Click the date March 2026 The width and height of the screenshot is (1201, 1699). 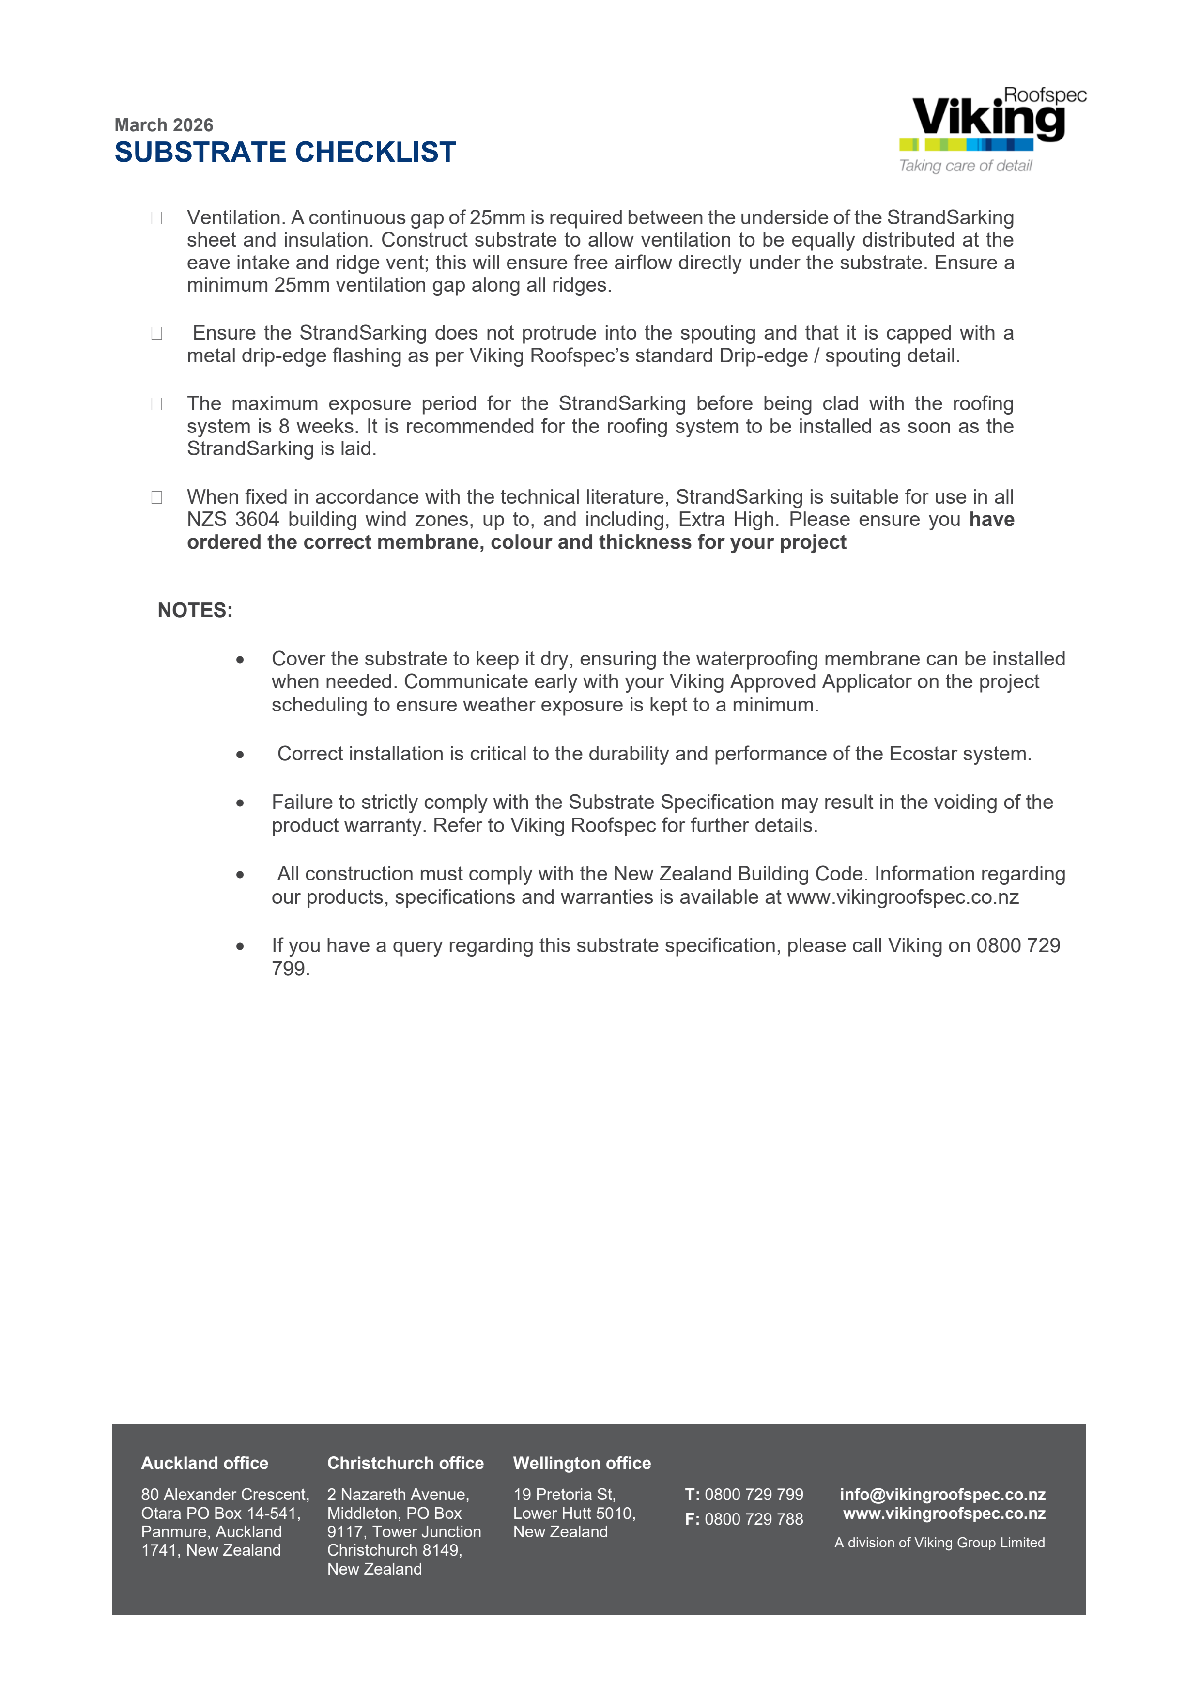pyautogui.click(x=164, y=125)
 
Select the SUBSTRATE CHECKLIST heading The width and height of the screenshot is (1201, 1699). pyautogui.click(x=285, y=153)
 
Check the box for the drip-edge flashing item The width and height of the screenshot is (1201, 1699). pyautogui.click(x=157, y=334)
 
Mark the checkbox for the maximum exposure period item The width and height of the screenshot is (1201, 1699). pyautogui.click(x=157, y=404)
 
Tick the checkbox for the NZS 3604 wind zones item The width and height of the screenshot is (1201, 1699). pyautogui.click(x=157, y=497)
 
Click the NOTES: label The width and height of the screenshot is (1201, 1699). pyautogui.click(x=195, y=610)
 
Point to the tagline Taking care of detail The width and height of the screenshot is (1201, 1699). pyautogui.click(x=965, y=166)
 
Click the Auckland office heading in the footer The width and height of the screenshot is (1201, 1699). pyautogui.click(x=204, y=1463)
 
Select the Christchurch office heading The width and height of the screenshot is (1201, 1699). pyautogui.click(x=405, y=1463)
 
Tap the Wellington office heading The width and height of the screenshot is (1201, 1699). pyautogui.click(x=582, y=1463)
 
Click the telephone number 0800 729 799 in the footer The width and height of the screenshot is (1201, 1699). pyautogui.click(x=754, y=1495)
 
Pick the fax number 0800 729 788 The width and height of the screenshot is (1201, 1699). pyautogui.click(x=754, y=1519)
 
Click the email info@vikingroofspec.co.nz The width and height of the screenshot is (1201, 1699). pyautogui.click(x=942, y=1495)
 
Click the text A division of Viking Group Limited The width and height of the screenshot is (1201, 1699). pyautogui.click(x=939, y=1543)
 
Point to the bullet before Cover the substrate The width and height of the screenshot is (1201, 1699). pyautogui.click(x=240, y=659)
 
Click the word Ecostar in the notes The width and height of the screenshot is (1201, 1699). pyautogui.click(x=919, y=754)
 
